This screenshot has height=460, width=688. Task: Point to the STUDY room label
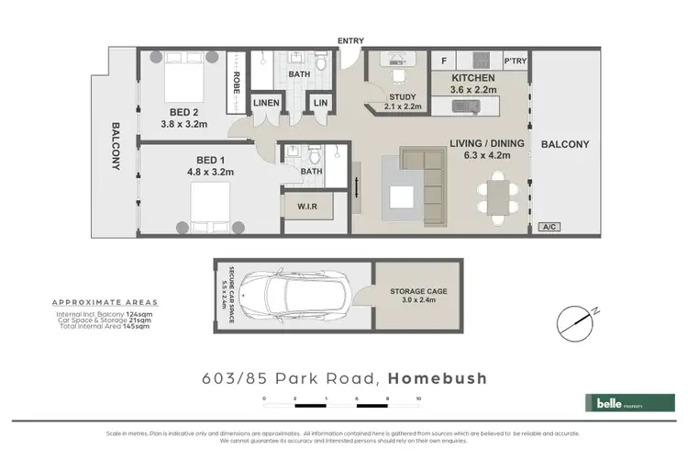402,96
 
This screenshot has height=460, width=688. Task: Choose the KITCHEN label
472,78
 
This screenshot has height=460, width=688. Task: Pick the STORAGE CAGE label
417,291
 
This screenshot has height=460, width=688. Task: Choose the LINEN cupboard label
266,104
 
